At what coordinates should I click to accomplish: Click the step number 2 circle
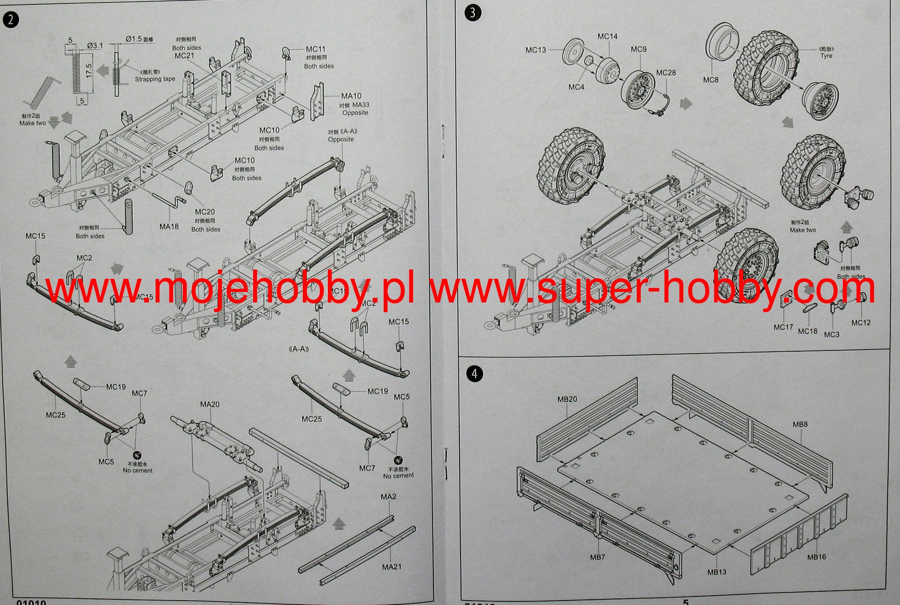click(x=11, y=20)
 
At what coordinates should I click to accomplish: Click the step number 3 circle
click(x=472, y=12)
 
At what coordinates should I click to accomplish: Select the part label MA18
click(x=169, y=227)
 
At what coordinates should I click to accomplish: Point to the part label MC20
click(x=205, y=212)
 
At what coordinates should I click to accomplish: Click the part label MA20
click(x=210, y=404)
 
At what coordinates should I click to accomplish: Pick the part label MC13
click(x=536, y=50)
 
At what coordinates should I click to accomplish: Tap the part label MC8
click(x=711, y=80)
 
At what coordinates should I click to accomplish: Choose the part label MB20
click(x=567, y=399)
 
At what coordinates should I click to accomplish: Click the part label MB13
click(x=717, y=572)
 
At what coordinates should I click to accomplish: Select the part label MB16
click(x=817, y=557)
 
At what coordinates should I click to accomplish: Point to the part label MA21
click(x=392, y=567)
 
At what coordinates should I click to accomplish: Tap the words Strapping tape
click(x=155, y=79)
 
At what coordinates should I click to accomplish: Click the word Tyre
click(x=826, y=56)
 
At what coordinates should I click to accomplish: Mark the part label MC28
click(x=666, y=73)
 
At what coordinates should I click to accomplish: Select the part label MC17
click(x=783, y=327)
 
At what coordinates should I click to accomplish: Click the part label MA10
click(x=352, y=96)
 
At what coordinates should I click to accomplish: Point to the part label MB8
click(x=800, y=424)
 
